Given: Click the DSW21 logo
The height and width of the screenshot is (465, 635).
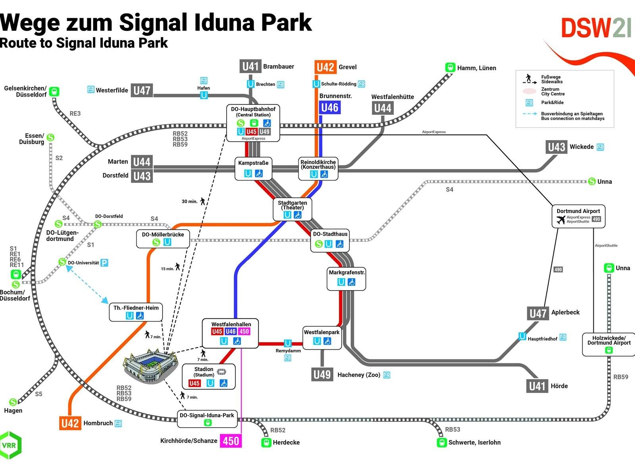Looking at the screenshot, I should click(x=595, y=28).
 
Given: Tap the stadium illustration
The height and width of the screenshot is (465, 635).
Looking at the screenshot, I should click(x=151, y=366).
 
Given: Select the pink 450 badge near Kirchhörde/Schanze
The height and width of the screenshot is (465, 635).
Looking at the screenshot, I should click(x=231, y=441).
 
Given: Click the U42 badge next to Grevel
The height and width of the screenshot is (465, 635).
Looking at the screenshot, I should click(x=325, y=67).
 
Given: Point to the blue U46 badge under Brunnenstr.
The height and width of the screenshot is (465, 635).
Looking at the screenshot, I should click(x=329, y=108).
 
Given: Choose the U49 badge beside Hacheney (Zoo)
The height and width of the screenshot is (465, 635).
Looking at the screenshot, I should click(x=322, y=374).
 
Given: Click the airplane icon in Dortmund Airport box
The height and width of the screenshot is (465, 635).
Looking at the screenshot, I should click(x=561, y=219).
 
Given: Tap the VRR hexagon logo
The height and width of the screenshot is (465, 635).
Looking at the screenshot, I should click(x=10, y=445).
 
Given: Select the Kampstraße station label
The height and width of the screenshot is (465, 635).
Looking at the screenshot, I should click(x=253, y=163).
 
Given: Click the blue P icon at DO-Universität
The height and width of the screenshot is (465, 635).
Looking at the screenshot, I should click(x=104, y=263).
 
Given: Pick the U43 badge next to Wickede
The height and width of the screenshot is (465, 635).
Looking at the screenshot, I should click(x=556, y=147).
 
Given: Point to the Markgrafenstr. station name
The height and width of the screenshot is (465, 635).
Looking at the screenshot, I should click(x=346, y=273).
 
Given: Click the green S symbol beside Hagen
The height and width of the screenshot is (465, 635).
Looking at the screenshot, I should click(x=13, y=402).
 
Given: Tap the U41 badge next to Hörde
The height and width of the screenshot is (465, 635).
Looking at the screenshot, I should click(x=537, y=386).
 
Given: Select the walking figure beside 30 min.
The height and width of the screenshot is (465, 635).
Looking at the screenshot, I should click(x=203, y=201).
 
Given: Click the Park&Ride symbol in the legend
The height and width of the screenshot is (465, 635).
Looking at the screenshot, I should click(x=529, y=103).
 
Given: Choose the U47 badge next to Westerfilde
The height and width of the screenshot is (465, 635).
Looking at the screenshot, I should click(x=142, y=91).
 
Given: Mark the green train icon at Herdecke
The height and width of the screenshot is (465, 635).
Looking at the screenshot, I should click(x=266, y=442).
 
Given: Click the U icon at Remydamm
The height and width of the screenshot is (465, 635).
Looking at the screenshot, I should click(x=288, y=343).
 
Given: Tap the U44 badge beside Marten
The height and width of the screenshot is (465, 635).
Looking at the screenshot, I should click(x=142, y=162).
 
